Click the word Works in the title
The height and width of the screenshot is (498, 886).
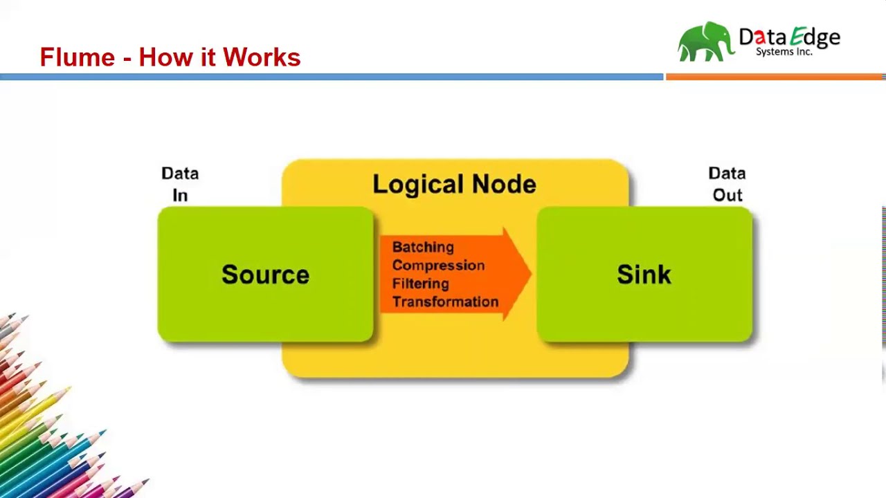pos(261,57)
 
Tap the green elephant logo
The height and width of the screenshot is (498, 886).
pos(705,42)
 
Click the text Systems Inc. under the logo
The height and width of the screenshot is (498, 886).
pos(784,52)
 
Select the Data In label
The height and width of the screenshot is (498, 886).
pos(180,184)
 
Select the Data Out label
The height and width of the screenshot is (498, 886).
pos(727,184)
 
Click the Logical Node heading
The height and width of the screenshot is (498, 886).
pos(454,184)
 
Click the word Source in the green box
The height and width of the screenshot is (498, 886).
pos(265,275)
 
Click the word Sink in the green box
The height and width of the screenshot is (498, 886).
pos(644,275)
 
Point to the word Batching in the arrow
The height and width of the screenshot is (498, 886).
pos(423,247)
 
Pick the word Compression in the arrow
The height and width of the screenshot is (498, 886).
pos(438,266)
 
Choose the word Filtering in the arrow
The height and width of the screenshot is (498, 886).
pos(420,284)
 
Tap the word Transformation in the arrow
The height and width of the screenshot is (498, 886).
pos(445,302)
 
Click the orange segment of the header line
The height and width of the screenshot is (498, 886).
pos(775,77)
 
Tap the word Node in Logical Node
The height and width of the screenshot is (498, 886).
pos(504,184)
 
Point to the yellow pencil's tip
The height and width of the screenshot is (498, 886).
pos(69,389)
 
